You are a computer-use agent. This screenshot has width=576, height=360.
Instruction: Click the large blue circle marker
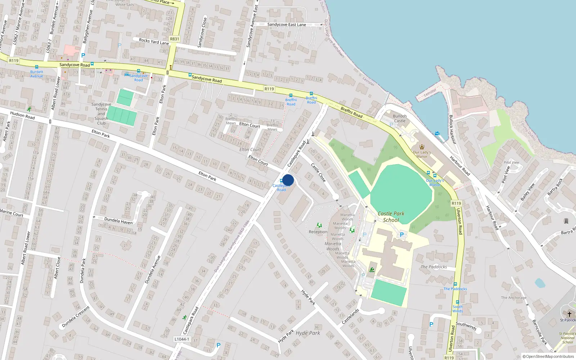288,180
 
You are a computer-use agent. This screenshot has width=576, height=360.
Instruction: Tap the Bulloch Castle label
400,118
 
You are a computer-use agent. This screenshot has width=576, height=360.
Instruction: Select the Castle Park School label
391,217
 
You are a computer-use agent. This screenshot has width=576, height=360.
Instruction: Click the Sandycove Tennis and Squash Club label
101,113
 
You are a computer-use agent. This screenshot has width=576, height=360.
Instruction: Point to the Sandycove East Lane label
287,24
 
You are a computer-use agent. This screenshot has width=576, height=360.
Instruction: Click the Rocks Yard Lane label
154,41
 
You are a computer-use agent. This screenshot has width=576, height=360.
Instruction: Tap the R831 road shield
174,39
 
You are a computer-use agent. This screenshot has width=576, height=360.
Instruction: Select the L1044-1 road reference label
181,339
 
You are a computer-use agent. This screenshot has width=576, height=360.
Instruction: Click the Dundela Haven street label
118,221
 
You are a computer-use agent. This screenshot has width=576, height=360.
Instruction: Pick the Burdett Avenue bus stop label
36,74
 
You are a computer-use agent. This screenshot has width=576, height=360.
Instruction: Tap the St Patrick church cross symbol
570,314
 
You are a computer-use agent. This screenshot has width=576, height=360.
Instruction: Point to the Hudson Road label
22,115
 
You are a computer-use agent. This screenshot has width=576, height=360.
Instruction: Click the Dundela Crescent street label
76,317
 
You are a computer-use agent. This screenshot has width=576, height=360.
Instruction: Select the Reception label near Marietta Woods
318,232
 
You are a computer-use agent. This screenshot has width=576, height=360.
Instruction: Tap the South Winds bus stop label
458,309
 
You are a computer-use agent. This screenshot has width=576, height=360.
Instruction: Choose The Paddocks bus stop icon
455,284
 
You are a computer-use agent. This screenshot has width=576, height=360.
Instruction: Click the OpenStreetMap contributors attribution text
548,356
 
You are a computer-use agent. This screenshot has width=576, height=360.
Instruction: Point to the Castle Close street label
318,172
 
